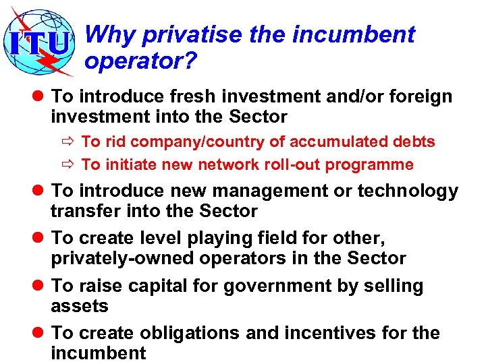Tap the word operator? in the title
click(x=140, y=61)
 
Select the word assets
click(x=80, y=307)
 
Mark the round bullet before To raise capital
click(x=37, y=286)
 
